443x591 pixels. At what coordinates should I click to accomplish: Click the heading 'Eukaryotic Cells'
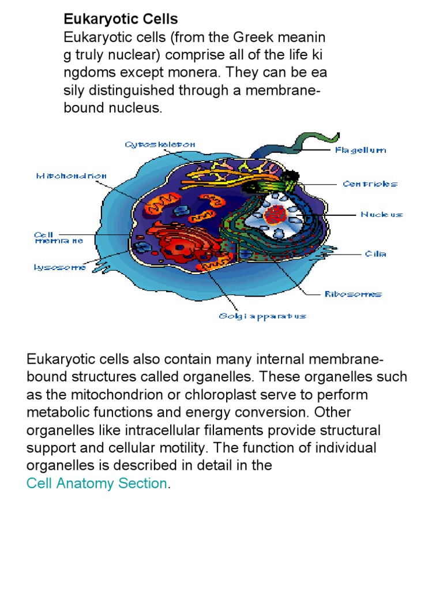(121, 20)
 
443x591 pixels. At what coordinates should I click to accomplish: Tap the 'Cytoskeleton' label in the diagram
(160, 144)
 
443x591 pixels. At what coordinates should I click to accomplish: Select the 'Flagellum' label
(361, 150)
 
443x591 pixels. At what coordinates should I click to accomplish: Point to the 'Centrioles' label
(370, 184)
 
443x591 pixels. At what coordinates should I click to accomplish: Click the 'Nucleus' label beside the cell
(382, 215)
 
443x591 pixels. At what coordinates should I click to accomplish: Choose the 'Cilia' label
(375, 253)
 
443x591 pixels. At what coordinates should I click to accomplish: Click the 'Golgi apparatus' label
(262, 316)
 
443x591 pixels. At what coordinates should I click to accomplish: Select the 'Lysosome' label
(59, 267)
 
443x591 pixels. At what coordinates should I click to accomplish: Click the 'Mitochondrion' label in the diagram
(72, 175)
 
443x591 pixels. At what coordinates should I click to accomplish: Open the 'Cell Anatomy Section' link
(97, 483)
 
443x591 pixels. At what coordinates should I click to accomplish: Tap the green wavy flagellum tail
(314, 140)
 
